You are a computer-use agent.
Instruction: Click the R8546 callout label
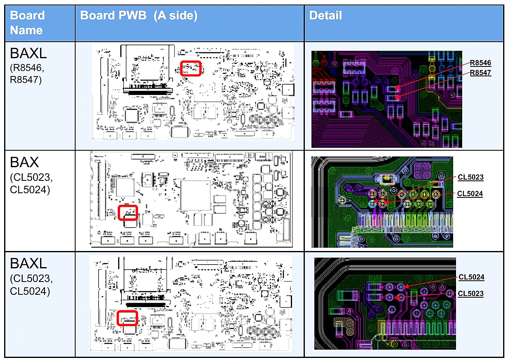(480, 63)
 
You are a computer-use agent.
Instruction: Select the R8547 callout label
(480, 73)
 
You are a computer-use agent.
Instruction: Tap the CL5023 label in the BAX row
(470, 177)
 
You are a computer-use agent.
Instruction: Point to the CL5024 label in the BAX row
(470, 194)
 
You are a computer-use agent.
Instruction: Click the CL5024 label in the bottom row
(471, 277)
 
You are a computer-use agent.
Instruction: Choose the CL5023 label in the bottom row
(470, 294)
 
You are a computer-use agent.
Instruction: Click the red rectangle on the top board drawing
(191, 68)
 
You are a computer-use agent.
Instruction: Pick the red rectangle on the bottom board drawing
(127, 318)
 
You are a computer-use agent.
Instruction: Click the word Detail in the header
(325, 16)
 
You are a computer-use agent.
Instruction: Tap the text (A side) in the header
(174, 16)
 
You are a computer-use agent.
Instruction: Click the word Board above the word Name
(27, 16)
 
